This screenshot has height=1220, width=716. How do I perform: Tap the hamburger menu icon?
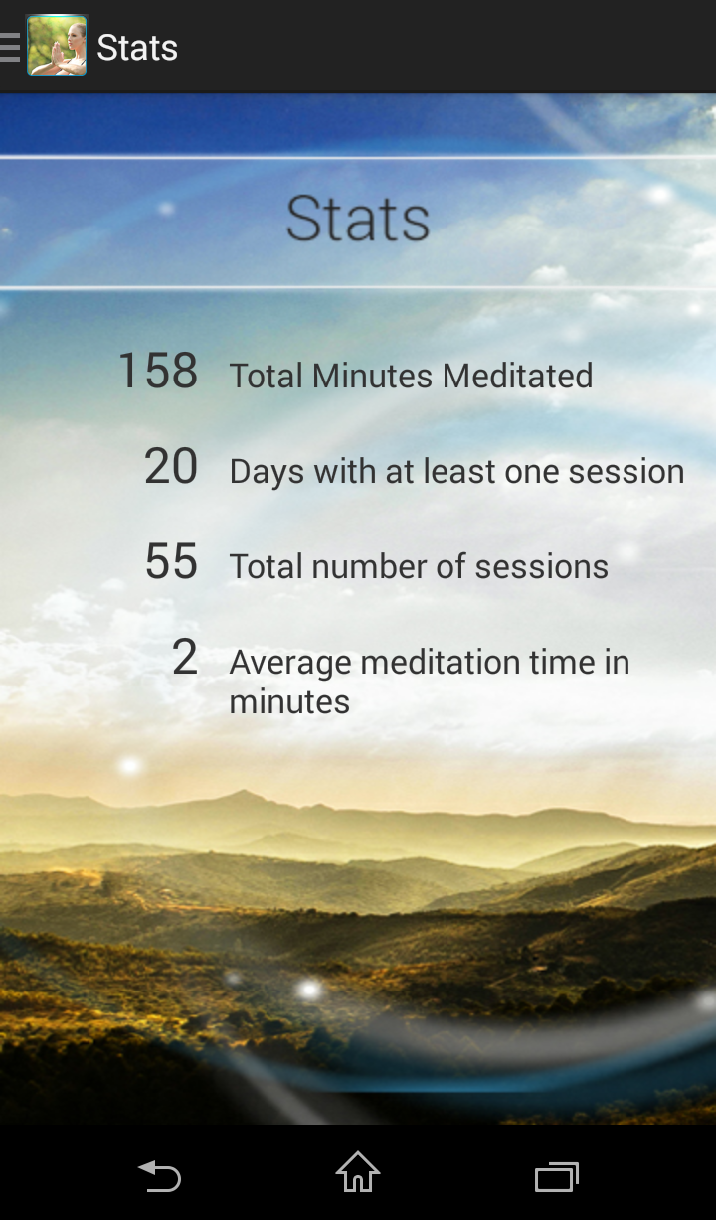pos(10,47)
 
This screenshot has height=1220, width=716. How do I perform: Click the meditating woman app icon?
pos(57,46)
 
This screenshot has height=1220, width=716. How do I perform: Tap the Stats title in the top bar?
pos(137,48)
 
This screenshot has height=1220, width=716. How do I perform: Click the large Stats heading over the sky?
pos(358,219)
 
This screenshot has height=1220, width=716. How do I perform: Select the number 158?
pos(158,371)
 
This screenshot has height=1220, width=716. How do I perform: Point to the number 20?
pos(171,466)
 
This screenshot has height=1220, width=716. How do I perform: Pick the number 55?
pos(171,561)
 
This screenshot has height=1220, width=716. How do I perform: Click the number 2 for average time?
pos(185,658)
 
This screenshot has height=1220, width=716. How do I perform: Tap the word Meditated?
pos(517,376)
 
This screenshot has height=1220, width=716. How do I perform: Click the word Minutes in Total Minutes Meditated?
pos(376,376)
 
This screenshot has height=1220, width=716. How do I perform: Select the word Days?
pos(267,472)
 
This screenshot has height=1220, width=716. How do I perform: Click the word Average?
pos(290,664)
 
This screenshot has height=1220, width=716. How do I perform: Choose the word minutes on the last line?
pos(289,702)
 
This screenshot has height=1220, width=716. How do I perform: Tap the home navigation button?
pos(358,1171)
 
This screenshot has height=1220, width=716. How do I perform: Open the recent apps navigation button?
pos(557,1176)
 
